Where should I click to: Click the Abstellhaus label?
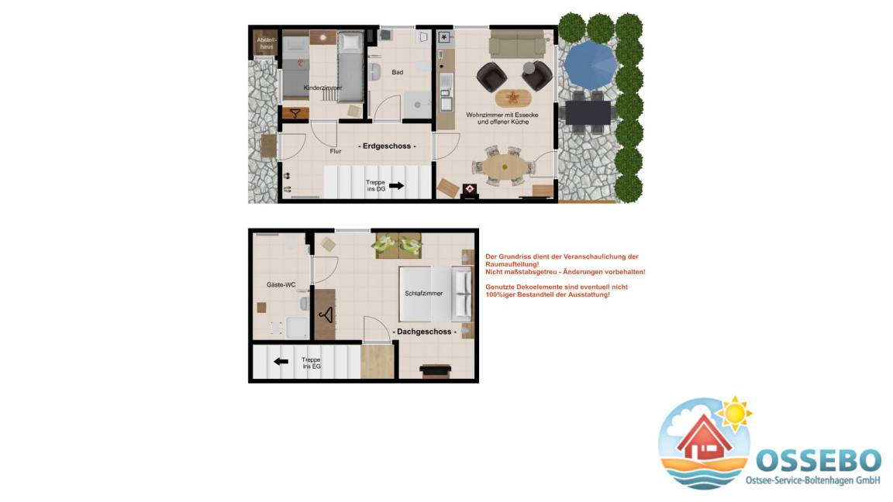click(266, 43)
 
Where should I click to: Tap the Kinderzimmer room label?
click(323, 88)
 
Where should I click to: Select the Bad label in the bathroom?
click(398, 72)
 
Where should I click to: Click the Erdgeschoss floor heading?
click(387, 146)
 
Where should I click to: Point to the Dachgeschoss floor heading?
click(424, 332)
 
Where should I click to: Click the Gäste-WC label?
click(281, 284)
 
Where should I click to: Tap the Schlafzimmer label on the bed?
click(424, 294)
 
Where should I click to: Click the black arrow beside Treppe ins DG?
click(396, 186)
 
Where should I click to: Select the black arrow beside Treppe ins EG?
click(281, 362)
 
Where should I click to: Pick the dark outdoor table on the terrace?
click(588, 112)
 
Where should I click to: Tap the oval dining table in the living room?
click(505, 167)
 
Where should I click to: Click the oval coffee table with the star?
click(513, 98)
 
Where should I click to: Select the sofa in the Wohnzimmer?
click(517, 44)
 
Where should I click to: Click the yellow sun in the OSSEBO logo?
click(734, 414)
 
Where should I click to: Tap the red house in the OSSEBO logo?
click(704, 438)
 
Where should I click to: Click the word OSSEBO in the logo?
click(819, 460)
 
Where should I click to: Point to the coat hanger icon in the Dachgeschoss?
click(326, 315)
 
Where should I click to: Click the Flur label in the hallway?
click(336, 151)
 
